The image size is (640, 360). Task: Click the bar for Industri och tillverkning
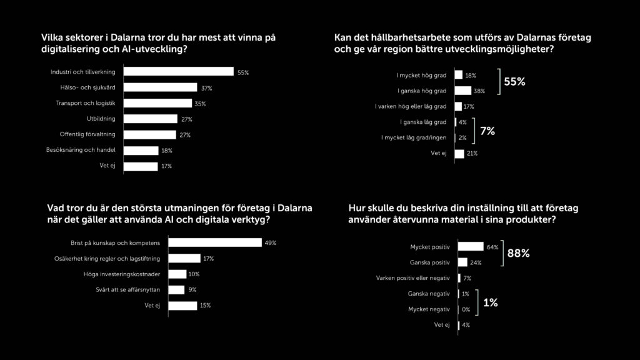click(178, 72)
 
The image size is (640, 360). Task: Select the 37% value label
click(207, 88)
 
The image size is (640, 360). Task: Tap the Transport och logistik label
click(87, 104)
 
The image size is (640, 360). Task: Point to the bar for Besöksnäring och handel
click(141, 151)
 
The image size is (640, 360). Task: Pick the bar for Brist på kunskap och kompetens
click(216, 242)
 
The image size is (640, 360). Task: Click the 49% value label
click(271, 242)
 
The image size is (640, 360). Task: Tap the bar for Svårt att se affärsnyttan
click(177, 289)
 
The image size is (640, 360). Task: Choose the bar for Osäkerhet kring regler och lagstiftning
click(185, 258)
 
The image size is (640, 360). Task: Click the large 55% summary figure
click(514, 82)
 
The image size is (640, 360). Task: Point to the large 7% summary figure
click(487, 131)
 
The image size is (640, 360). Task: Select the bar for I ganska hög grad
click(462, 91)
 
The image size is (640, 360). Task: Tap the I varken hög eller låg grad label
click(410, 106)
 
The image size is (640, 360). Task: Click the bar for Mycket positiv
click(471, 247)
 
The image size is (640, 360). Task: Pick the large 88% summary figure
click(519, 253)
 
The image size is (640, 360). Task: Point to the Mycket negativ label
click(429, 309)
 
